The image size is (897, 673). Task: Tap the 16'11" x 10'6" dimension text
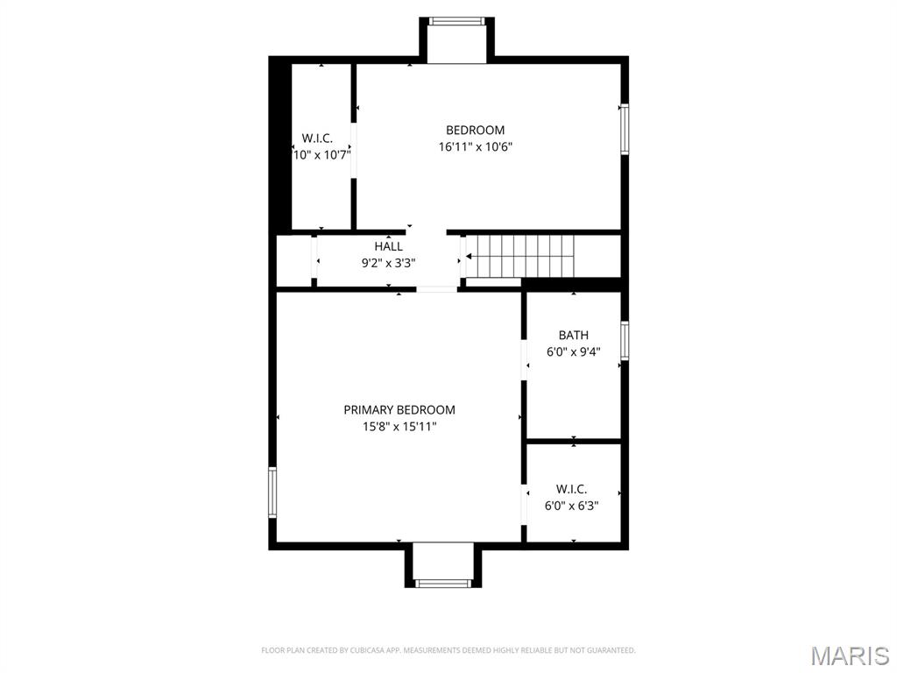click(475, 147)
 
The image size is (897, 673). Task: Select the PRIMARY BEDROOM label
click(399, 409)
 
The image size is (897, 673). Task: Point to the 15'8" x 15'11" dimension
click(399, 427)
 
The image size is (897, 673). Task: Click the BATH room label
click(573, 335)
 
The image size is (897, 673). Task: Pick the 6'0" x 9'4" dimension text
click(573, 351)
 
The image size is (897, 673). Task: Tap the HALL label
click(388, 246)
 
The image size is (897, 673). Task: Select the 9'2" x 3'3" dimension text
click(388, 262)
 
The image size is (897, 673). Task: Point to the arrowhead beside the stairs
click(469, 257)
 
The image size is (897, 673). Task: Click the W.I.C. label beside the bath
click(571, 489)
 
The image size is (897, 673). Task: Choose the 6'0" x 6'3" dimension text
click(571, 506)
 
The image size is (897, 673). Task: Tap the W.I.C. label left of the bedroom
click(317, 138)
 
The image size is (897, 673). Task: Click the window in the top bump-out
click(456, 21)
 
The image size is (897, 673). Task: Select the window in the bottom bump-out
click(442, 583)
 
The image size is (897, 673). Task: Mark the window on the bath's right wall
click(625, 340)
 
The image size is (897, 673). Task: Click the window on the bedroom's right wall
click(625, 130)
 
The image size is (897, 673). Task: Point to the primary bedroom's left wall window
click(272, 492)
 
